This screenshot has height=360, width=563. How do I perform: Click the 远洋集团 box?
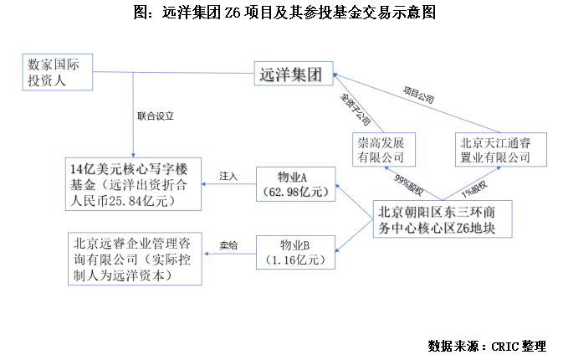pyautogui.click(x=294, y=74)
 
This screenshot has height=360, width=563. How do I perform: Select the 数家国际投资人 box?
pyautogui.click(x=58, y=73)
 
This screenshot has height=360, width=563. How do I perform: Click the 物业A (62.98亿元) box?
pyautogui.click(x=294, y=184)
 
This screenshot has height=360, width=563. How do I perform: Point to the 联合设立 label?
pyautogui.click(x=160, y=116)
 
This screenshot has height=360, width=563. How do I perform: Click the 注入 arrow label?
pyautogui.click(x=228, y=177)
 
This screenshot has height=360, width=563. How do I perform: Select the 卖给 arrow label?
pyautogui.click(x=228, y=244)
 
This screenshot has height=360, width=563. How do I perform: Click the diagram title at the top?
pyautogui.click(x=282, y=13)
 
